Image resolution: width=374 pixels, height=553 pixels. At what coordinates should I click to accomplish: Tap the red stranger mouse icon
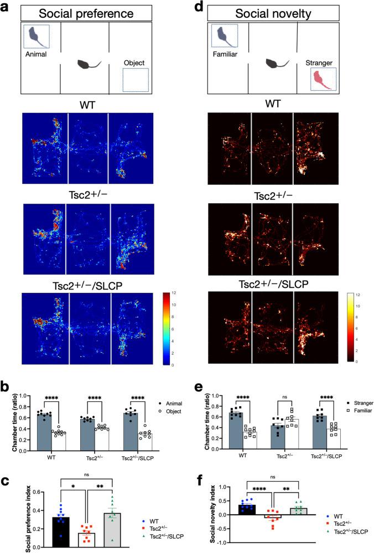pos(322,80)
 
